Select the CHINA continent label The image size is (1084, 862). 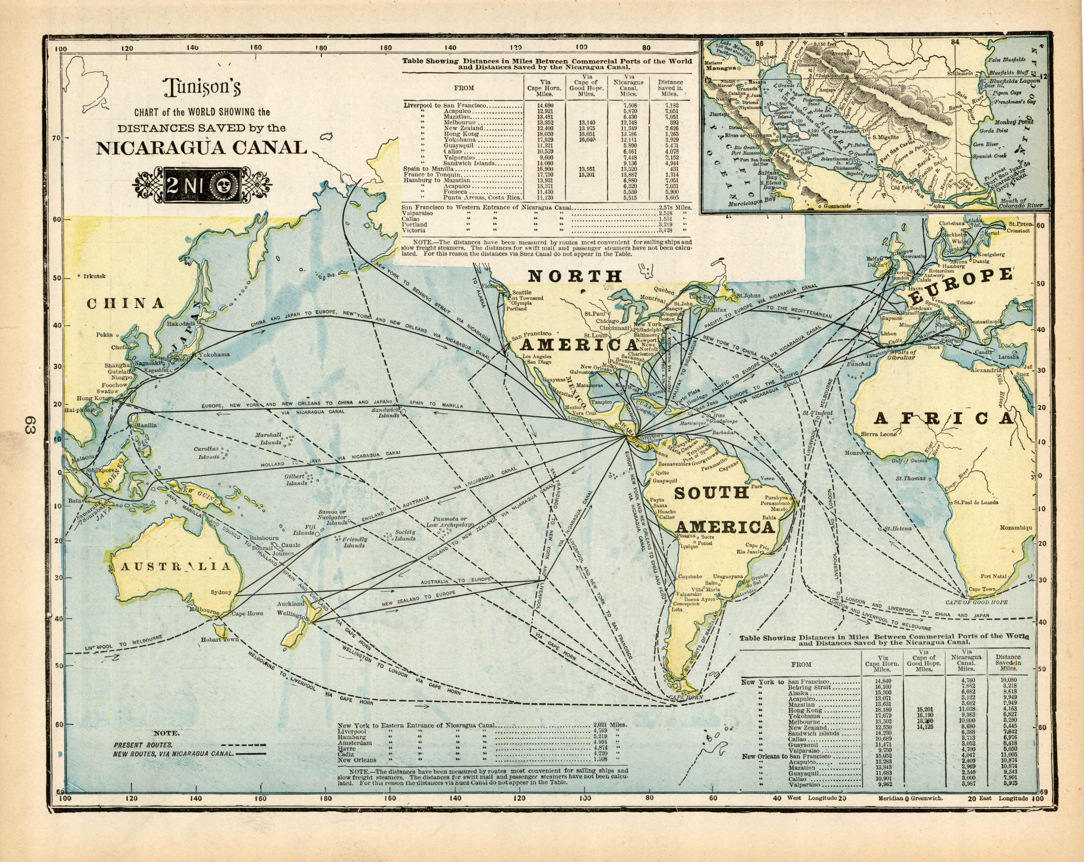point(126,303)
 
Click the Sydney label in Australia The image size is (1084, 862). point(221,592)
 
